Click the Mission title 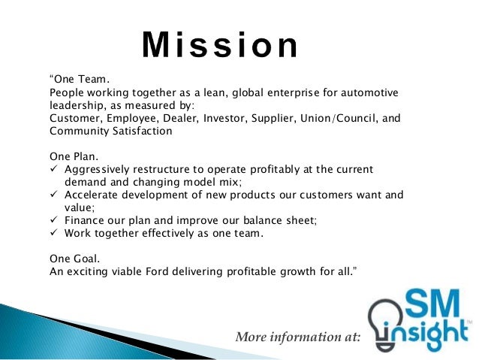coord(220,46)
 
